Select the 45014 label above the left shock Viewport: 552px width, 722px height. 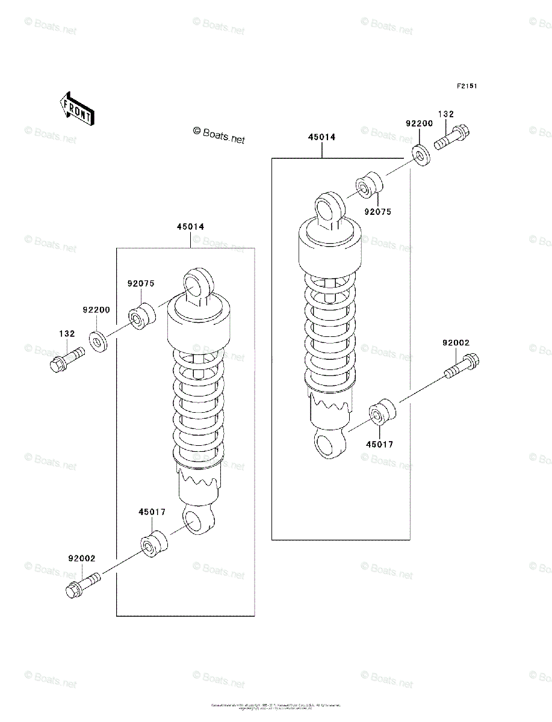tap(190, 227)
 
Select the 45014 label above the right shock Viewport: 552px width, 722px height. tap(321, 137)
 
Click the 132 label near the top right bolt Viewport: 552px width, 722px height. tap(445, 114)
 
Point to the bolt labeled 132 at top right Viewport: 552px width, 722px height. tap(450, 138)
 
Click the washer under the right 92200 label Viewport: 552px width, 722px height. tap(421, 155)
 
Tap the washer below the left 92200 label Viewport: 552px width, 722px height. tap(98, 341)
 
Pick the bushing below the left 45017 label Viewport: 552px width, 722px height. tap(154, 544)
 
